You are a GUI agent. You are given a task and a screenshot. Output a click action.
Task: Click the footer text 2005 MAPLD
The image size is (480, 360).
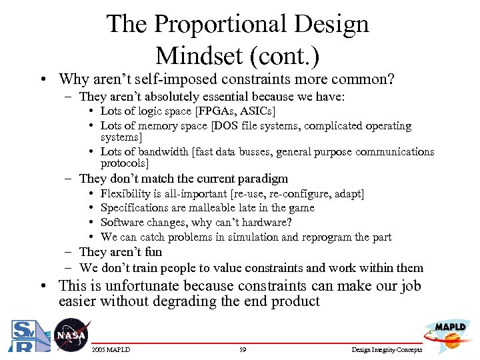111,349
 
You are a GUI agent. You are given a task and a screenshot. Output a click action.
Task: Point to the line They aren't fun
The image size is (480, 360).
120,252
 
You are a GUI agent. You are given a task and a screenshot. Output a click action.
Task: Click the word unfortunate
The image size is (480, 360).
149,286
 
